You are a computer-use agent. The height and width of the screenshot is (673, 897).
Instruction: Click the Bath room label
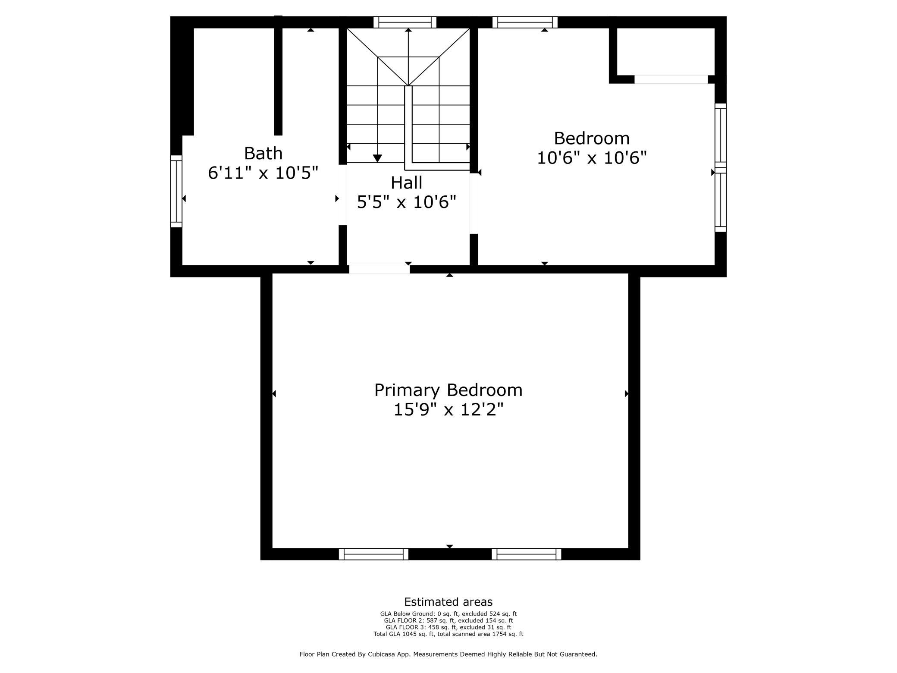click(263, 153)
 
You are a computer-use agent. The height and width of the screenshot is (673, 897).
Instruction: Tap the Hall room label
click(406, 182)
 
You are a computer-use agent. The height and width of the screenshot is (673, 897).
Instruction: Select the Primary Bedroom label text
click(448, 390)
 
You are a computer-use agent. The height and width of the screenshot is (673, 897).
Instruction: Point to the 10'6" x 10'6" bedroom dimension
click(592, 158)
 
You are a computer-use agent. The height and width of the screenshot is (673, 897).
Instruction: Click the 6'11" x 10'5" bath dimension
click(263, 173)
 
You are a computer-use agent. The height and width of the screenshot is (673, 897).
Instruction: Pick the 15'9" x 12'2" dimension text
click(448, 409)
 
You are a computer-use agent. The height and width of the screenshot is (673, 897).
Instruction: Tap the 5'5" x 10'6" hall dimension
click(406, 202)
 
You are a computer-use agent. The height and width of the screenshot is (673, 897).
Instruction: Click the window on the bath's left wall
click(176, 191)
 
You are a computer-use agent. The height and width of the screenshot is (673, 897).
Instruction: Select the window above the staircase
click(405, 22)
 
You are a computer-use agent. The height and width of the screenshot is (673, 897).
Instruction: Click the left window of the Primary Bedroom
click(373, 554)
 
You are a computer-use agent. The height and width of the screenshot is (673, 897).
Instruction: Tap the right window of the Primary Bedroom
click(527, 554)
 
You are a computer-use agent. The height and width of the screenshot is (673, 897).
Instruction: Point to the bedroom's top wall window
click(525, 22)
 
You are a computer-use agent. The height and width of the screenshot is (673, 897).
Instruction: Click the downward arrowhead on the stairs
click(377, 158)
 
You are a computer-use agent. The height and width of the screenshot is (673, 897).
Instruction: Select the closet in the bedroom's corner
click(666, 52)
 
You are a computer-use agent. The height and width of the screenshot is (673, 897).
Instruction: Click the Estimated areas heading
click(448, 602)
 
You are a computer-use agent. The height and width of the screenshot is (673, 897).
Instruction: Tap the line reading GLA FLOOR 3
click(448, 627)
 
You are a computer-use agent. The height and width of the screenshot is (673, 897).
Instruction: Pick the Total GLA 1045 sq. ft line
click(448, 634)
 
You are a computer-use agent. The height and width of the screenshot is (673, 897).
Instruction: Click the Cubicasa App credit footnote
click(448, 654)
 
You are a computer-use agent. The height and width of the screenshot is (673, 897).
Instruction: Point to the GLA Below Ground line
click(448, 614)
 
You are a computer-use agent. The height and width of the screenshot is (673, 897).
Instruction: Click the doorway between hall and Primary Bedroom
click(379, 270)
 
